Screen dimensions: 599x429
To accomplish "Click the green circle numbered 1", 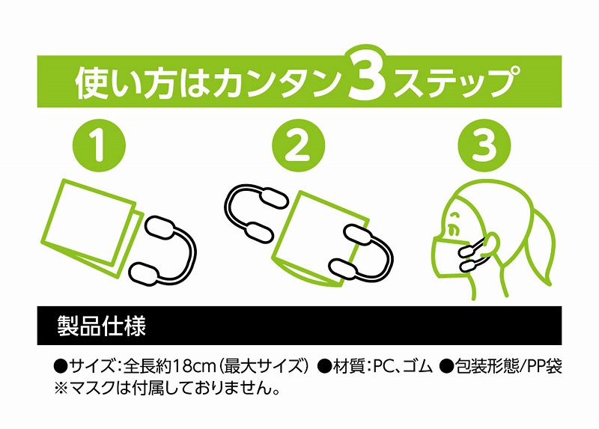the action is (x=99, y=146).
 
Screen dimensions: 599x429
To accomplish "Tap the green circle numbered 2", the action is (x=298, y=146).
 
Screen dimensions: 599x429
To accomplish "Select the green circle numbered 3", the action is (x=484, y=146).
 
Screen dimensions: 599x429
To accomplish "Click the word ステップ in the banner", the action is (x=457, y=82).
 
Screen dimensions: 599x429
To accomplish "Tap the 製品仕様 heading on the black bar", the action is (x=102, y=326).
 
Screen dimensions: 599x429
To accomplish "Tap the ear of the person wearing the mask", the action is (x=491, y=244).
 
